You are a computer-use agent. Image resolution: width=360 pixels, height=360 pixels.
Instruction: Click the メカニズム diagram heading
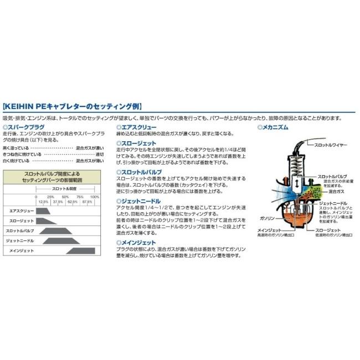275,127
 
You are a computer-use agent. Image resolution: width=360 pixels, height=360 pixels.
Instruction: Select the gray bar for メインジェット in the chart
81,251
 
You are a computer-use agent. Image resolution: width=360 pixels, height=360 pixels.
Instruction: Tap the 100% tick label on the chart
94,197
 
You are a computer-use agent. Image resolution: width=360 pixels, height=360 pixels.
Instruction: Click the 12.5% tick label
43,202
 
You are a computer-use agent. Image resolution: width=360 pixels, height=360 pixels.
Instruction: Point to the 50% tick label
65,197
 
